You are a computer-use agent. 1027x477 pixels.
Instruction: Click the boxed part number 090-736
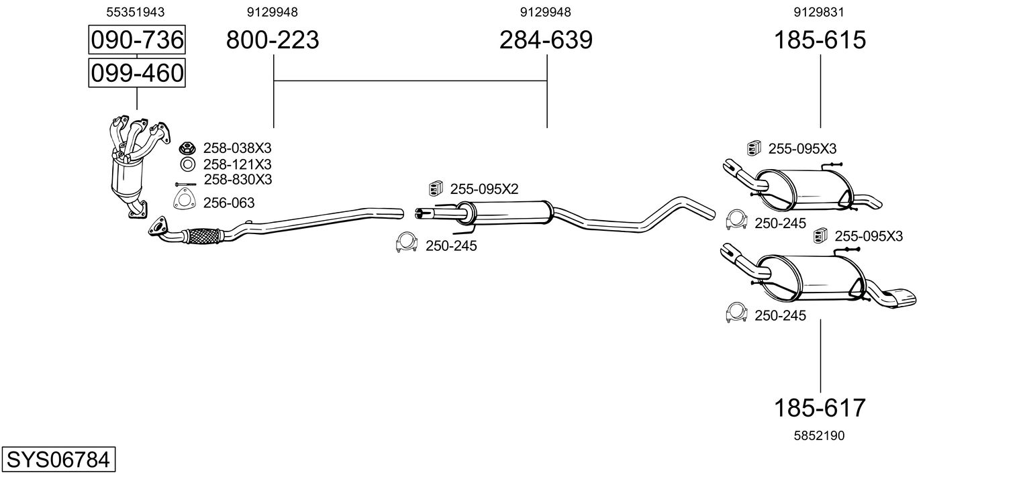tap(137, 40)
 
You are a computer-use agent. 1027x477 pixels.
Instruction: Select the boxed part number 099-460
tap(137, 72)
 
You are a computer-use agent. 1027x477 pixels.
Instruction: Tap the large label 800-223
tap(273, 40)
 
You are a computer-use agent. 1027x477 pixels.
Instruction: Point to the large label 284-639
tap(546, 40)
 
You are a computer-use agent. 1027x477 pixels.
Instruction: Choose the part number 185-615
tap(820, 40)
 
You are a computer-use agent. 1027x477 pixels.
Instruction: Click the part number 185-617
tap(820, 407)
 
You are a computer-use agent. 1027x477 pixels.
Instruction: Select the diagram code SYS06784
tap(57, 460)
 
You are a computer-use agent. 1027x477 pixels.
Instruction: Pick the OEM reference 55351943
tap(136, 12)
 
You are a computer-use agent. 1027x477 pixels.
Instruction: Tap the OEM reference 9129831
tap(819, 12)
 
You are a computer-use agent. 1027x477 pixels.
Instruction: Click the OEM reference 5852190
tap(819, 435)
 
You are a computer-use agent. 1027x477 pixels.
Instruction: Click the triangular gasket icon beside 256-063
tap(181, 200)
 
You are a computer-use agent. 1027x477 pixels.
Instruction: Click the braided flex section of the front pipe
tap(203, 236)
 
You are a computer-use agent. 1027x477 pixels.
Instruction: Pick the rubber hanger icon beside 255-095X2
tap(435, 189)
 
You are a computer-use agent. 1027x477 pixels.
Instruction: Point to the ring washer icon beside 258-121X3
tap(187, 164)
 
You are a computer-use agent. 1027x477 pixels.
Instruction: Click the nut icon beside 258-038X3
tap(187, 148)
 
